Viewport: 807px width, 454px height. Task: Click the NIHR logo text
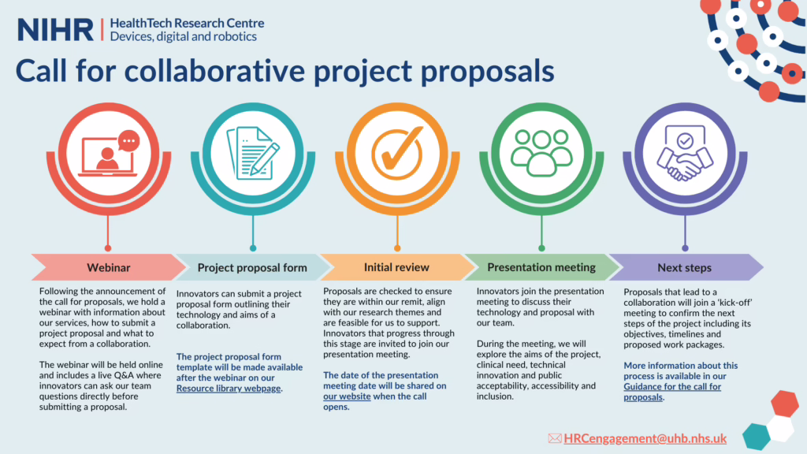pos(55,30)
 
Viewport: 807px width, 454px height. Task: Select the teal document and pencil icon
pos(253,153)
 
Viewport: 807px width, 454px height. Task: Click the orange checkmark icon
pos(397,153)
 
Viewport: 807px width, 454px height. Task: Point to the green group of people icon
pos(541,152)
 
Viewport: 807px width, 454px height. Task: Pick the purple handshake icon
pos(685,153)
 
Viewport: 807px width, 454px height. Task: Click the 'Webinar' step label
pos(109,268)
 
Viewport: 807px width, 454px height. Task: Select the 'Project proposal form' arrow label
pos(252,268)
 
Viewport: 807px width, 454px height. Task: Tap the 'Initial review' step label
pos(396,267)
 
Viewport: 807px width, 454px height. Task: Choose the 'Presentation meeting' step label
pos(541,267)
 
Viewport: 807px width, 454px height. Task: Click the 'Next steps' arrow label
pos(685,268)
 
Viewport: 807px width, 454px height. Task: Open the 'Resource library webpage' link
pos(229,389)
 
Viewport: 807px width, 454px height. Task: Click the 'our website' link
pos(347,396)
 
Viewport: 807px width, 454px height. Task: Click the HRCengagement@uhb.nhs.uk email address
pos(645,438)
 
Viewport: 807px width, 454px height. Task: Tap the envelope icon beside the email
pos(555,438)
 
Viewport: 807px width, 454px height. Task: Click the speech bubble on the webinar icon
pos(128,141)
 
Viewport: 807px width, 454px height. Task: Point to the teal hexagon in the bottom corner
pos(756,436)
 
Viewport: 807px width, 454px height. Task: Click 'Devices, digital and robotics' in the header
pos(183,36)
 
